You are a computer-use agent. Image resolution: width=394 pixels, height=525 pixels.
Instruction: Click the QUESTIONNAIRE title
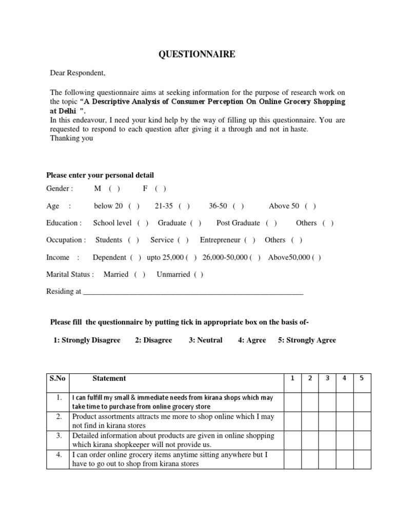tap(196, 54)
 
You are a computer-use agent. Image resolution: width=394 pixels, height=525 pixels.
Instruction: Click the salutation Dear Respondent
tap(77, 73)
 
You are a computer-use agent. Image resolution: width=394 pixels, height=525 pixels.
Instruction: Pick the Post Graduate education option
tap(271, 223)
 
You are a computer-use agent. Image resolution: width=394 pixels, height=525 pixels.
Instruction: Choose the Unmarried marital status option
tap(198, 274)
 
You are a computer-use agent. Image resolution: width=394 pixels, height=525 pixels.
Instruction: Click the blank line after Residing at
tap(193, 292)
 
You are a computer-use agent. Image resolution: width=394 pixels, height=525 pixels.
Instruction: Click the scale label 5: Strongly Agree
tap(307, 340)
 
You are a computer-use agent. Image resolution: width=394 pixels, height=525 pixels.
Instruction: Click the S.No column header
tap(57, 378)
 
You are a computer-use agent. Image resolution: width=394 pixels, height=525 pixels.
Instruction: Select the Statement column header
tap(109, 378)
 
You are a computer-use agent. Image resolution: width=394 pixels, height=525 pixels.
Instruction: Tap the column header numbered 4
tap(344, 378)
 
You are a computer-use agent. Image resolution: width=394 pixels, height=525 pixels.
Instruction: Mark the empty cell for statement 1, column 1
tap(292, 401)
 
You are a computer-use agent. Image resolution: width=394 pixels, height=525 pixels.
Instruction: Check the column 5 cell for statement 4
tap(362, 459)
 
